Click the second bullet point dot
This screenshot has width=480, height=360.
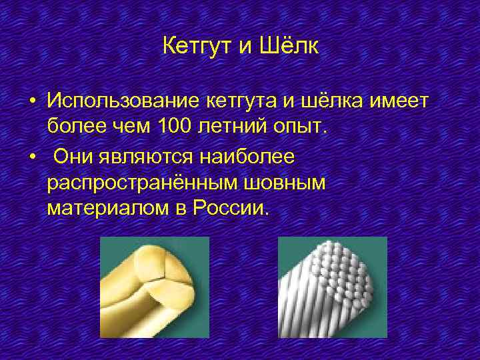tap(31, 155)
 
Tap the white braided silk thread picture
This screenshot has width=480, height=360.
tap(331, 287)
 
